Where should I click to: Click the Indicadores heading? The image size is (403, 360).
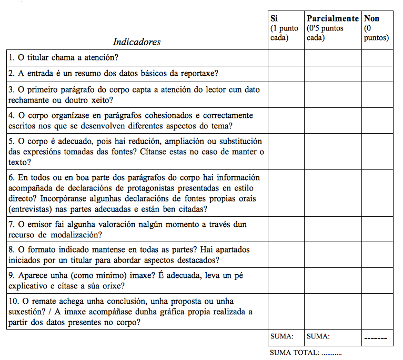pos(137,42)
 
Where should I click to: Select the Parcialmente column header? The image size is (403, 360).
pos(333,18)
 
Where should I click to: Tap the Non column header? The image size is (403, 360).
pos(371,18)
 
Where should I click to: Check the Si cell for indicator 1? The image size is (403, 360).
pos(286,58)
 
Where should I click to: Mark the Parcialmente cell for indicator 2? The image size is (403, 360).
pos(333,74)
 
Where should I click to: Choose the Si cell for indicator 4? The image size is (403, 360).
pos(286,121)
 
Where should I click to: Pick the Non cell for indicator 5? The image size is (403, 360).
pos(377,152)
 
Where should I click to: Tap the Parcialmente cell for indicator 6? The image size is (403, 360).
pos(333,193)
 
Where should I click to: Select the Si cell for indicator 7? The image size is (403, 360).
pos(286,229)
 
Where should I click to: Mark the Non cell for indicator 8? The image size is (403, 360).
pos(377,255)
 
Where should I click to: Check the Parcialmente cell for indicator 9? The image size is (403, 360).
pos(333,281)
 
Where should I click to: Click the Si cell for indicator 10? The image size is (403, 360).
pos(286,312)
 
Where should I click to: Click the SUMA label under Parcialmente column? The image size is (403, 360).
pos(318,336)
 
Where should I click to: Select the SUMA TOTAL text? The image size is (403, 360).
pos(306,352)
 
